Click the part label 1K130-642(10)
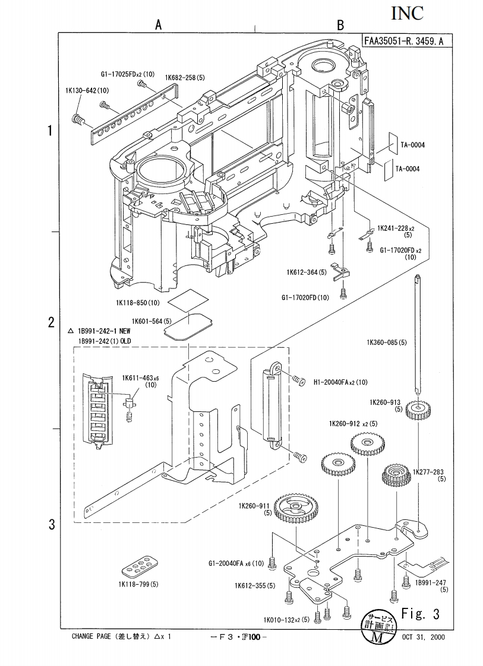point(87,90)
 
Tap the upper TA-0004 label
point(412,145)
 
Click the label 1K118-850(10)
point(138,303)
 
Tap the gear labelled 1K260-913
point(419,409)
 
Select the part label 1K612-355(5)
point(254,586)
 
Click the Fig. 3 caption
point(419,613)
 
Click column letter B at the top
point(340,25)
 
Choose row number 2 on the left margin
point(52,324)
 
